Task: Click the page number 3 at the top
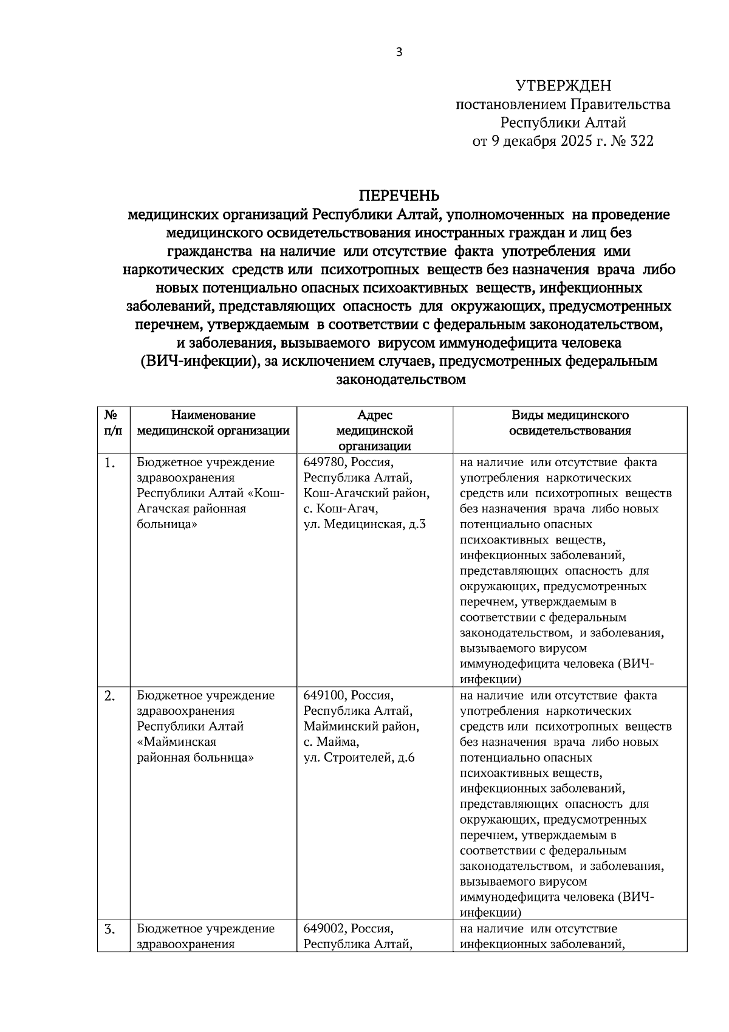tap(399, 52)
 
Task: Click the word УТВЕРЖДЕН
tap(563, 86)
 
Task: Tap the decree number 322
tap(641, 142)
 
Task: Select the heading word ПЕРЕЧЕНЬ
tap(399, 196)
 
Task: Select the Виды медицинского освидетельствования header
tap(569, 423)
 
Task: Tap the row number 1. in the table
tap(109, 463)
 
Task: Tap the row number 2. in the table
tap(109, 696)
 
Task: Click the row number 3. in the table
tap(109, 929)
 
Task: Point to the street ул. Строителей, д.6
tap(359, 758)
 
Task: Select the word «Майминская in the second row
tap(177, 742)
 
